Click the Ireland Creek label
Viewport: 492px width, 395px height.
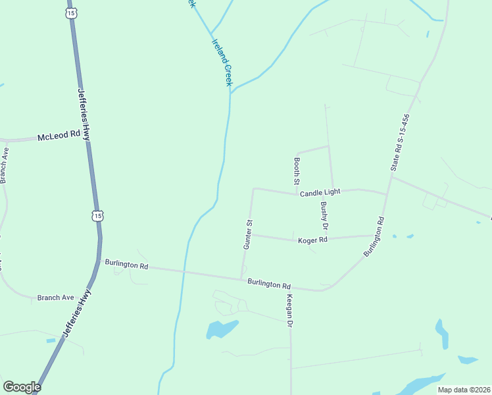click(222, 63)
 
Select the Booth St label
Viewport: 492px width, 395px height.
click(297, 171)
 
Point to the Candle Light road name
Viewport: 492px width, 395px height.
click(320, 192)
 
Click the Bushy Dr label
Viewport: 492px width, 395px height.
click(324, 216)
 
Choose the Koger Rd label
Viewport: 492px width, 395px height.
click(312, 240)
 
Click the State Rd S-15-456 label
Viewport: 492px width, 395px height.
click(401, 143)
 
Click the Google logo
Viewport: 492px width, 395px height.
click(22, 387)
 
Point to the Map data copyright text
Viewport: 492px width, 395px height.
click(464, 390)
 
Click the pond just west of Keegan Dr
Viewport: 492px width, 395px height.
click(221, 328)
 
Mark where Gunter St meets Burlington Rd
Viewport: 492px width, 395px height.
click(242, 277)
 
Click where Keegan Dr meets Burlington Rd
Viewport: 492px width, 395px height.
click(289, 287)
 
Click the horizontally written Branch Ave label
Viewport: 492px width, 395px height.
click(55, 297)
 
